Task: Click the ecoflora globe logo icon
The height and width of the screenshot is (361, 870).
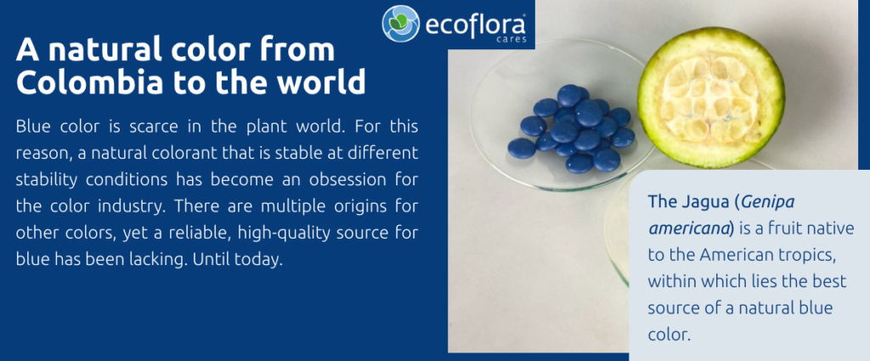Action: click(401, 24)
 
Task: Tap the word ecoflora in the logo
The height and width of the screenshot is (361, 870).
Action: click(475, 25)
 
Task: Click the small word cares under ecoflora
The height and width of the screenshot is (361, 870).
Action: click(511, 40)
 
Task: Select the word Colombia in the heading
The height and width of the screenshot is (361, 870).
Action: click(90, 82)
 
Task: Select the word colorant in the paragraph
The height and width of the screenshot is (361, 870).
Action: click(171, 153)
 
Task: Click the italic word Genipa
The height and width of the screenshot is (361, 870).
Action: click(767, 202)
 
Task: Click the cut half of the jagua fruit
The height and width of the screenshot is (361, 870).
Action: click(711, 97)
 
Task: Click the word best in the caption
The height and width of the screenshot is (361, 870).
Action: click(830, 281)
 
